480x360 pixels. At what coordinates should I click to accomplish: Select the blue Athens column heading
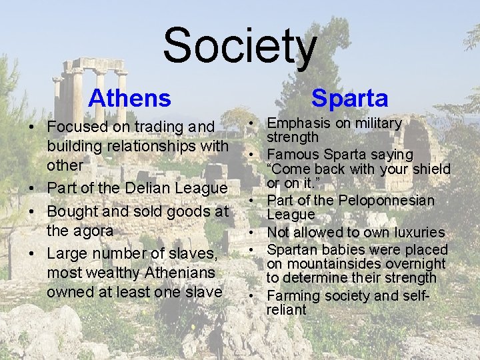pyautogui.click(x=129, y=99)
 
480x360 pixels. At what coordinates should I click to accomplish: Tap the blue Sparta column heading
pyautogui.click(x=349, y=99)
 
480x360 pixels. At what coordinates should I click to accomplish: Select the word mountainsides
pyautogui.click(x=328, y=264)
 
